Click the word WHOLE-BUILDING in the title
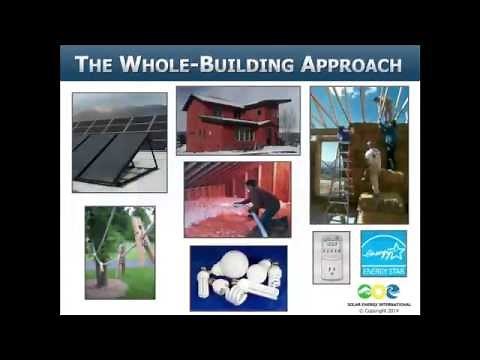pyautogui.click(x=209, y=66)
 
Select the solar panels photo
pyautogui.click(x=119, y=142)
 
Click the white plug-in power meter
pyautogui.click(x=330, y=258)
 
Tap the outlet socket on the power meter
pyautogui.click(x=330, y=268)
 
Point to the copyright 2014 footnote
pyautogui.click(x=384, y=310)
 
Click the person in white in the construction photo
pyautogui.click(x=373, y=165)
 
